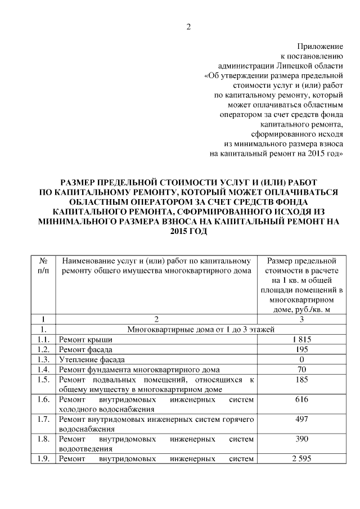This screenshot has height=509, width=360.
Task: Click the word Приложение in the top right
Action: tap(320, 45)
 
